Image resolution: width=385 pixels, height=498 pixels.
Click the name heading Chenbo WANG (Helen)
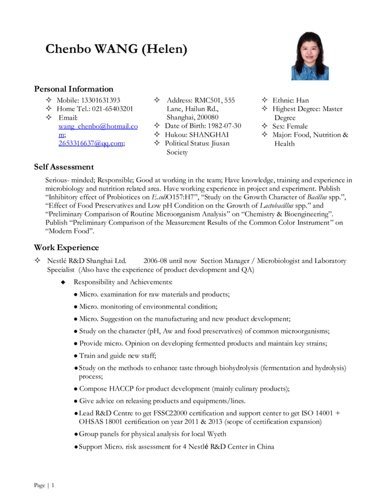point(116,49)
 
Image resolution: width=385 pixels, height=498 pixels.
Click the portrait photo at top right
point(310,56)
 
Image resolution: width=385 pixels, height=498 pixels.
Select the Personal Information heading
point(73,89)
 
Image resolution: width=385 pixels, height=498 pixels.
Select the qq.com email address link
point(91,143)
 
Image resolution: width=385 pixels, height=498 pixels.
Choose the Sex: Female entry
point(290,126)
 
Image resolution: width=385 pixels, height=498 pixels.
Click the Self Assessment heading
point(63,166)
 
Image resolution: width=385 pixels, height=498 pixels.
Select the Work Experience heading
point(66,247)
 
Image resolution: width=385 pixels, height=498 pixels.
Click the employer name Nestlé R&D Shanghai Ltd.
point(86,260)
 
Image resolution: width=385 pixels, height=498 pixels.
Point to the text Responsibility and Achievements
point(122,282)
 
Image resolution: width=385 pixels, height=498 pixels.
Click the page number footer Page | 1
point(44,485)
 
